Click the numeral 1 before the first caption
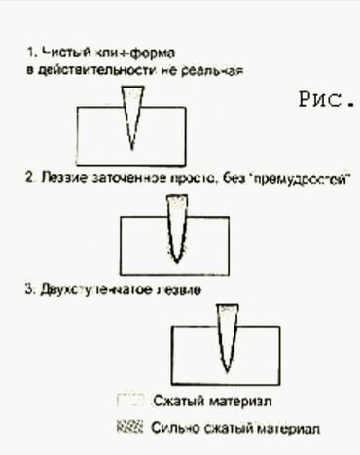click(x=30, y=51)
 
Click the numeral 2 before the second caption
click(x=30, y=180)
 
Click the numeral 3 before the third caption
click(x=30, y=290)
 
